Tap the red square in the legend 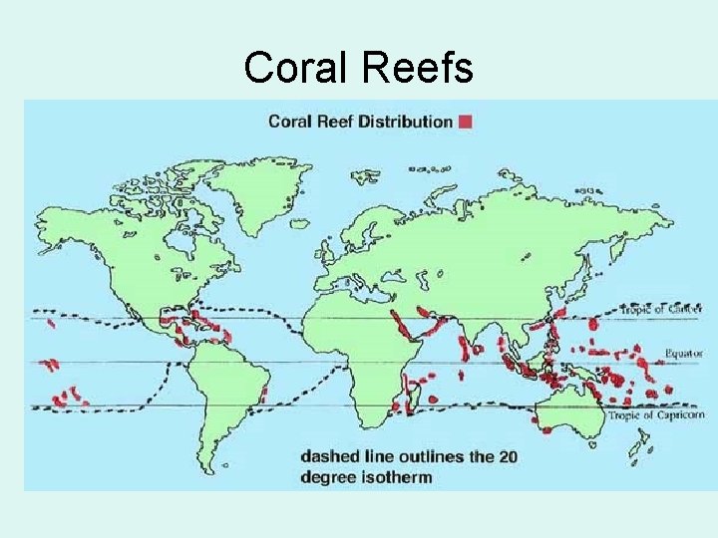click(465, 122)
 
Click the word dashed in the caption click(333, 456)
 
